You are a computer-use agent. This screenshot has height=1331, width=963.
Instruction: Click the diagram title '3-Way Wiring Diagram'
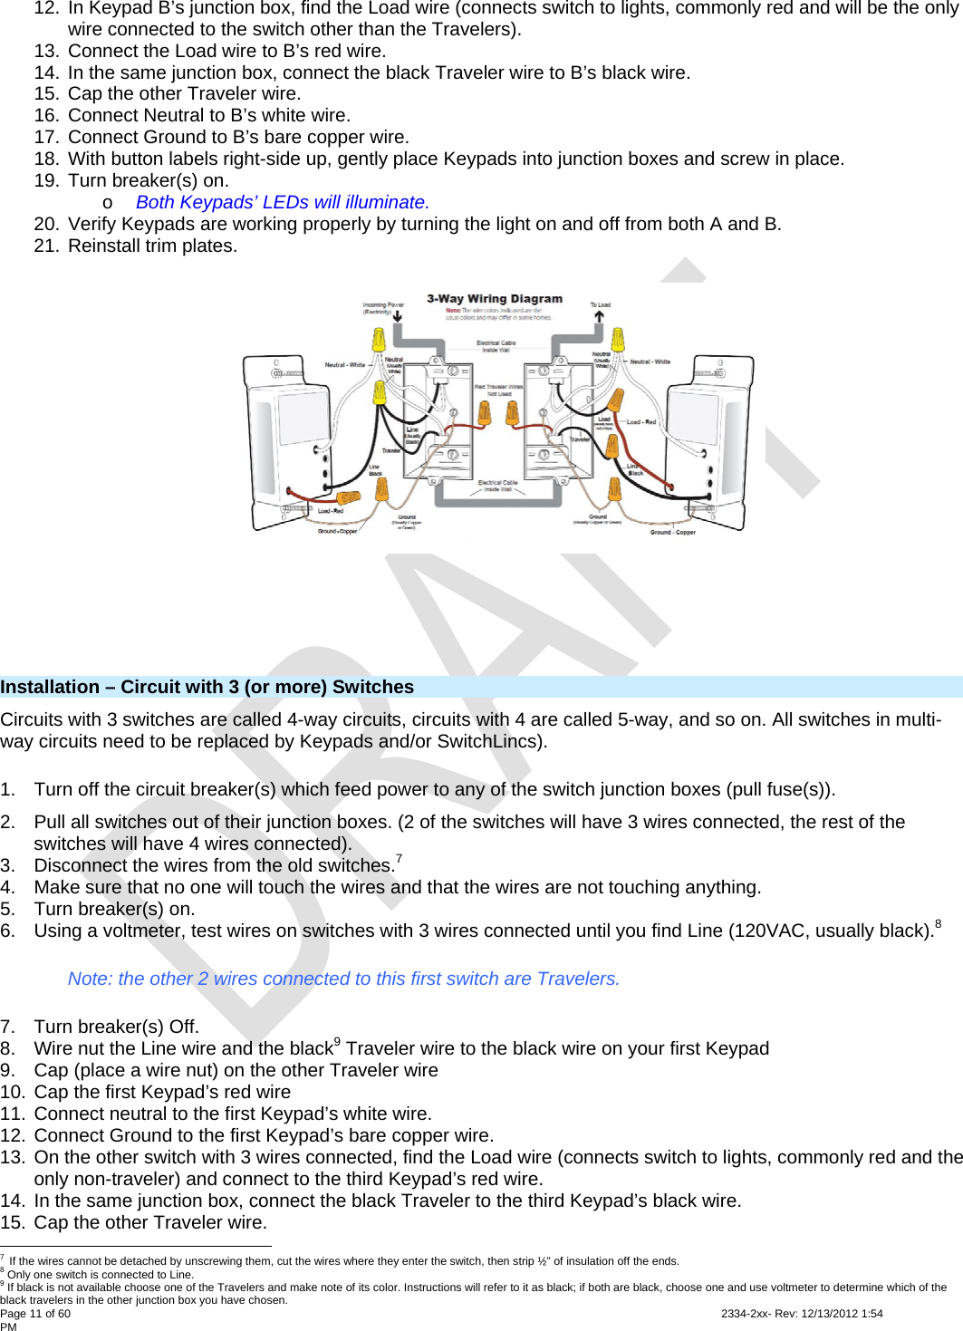pos(495,299)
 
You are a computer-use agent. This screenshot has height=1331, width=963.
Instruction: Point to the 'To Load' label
pos(600,305)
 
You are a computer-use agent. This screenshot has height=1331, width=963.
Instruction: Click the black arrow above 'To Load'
pos(599,317)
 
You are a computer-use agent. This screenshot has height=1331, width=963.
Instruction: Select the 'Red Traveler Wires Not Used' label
pos(498,391)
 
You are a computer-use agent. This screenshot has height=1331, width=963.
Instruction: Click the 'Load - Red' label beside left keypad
pos(330,511)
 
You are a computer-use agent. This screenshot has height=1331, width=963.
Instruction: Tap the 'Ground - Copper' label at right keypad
pos(672,533)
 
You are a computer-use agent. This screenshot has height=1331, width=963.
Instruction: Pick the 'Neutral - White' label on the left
pos(344,365)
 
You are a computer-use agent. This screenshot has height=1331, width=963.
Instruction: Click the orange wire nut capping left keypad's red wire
pos(348,498)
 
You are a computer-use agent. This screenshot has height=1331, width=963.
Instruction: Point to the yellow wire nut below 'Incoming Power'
pos(379,340)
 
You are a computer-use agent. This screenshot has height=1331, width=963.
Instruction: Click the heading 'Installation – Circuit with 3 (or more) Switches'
pos(207,687)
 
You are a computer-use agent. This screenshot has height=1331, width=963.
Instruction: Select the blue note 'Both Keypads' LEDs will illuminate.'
pos(283,202)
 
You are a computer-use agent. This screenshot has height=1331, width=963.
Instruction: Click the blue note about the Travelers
pos(343,979)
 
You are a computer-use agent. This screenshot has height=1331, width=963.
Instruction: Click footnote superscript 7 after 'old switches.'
pos(399,859)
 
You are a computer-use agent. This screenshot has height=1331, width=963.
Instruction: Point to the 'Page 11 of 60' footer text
pos(35,1314)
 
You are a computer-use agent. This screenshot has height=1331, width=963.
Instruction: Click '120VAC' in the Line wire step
pos(771,931)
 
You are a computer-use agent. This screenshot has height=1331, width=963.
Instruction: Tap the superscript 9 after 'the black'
pos(338,1042)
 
